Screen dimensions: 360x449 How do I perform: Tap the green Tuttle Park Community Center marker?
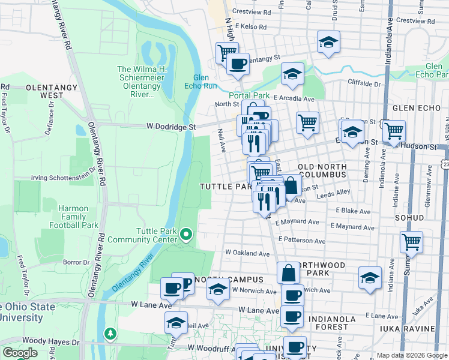(186, 234)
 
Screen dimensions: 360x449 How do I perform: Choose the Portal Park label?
(249, 95)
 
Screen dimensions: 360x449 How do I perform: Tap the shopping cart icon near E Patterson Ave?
(411, 242)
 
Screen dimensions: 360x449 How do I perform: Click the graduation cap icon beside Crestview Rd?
(328, 42)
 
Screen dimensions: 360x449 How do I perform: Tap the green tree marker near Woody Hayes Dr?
(110, 332)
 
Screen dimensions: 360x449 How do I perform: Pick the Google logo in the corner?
(20, 353)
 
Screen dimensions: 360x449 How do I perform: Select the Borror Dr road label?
(76, 262)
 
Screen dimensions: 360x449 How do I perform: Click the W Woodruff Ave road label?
(212, 347)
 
